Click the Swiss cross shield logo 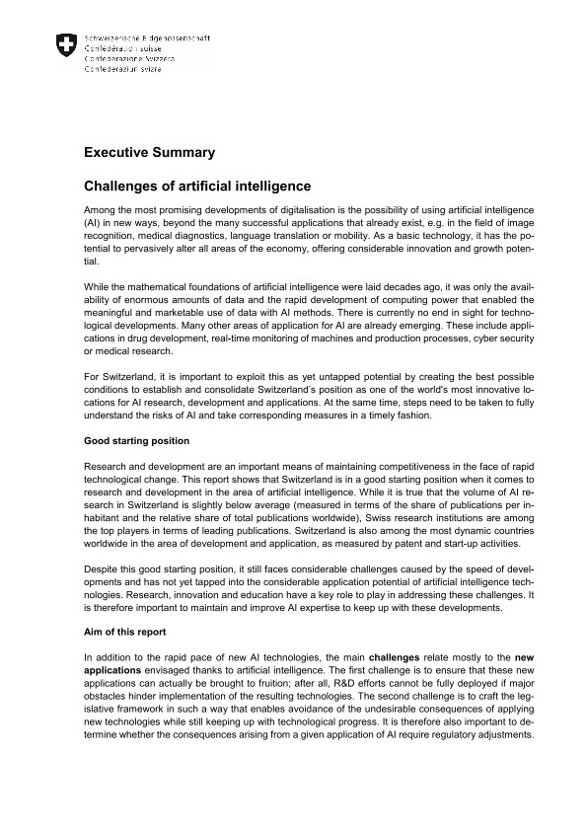[x=66, y=44]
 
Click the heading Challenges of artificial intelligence [x=197, y=186]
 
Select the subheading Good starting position [x=136, y=440]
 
